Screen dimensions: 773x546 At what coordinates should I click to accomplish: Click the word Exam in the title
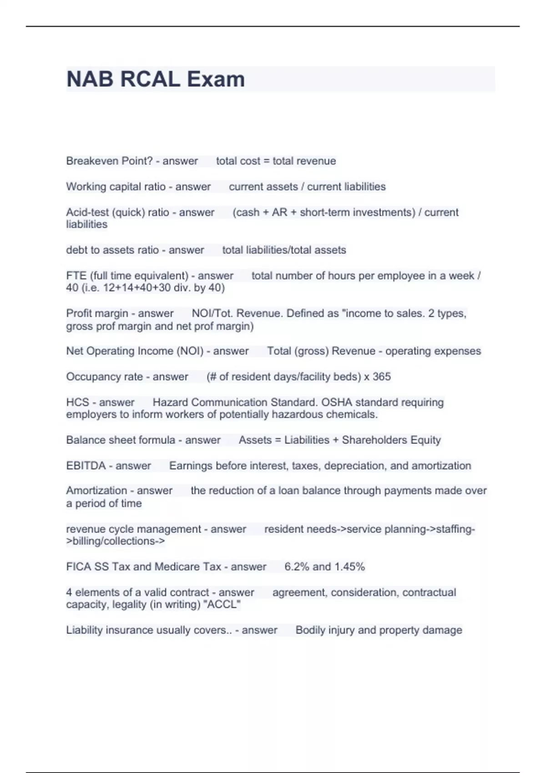pyautogui.click(x=216, y=79)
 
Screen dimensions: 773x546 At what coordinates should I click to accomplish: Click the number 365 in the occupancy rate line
pyautogui.click(x=382, y=376)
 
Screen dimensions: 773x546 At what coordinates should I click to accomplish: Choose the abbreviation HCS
pyautogui.click(x=77, y=402)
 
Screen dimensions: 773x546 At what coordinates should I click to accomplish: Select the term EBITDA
pyautogui.click(x=86, y=466)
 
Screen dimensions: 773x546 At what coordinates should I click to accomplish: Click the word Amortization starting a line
pyautogui.click(x=96, y=491)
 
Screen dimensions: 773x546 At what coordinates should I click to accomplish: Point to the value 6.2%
pyautogui.click(x=296, y=567)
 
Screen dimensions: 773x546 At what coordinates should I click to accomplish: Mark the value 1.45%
pyautogui.click(x=350, y=567)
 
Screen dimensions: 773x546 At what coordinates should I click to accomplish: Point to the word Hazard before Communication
pyautogui.click(x=170, y=402)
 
